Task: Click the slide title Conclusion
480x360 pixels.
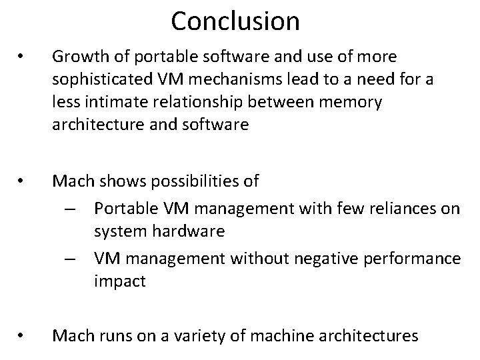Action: pyautogui.click(x=235, y=21)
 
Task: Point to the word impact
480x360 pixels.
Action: pyautogui.click(x=119, y=281)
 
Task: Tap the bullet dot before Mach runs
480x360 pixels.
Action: pyautogui.click(x=22, y=336)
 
